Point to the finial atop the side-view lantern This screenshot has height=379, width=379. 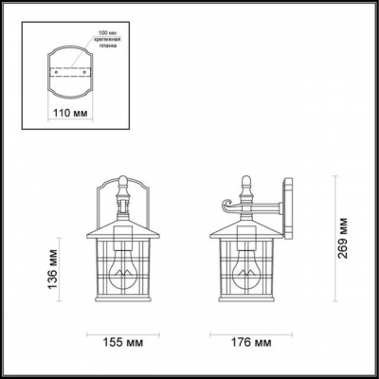(248, 180)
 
